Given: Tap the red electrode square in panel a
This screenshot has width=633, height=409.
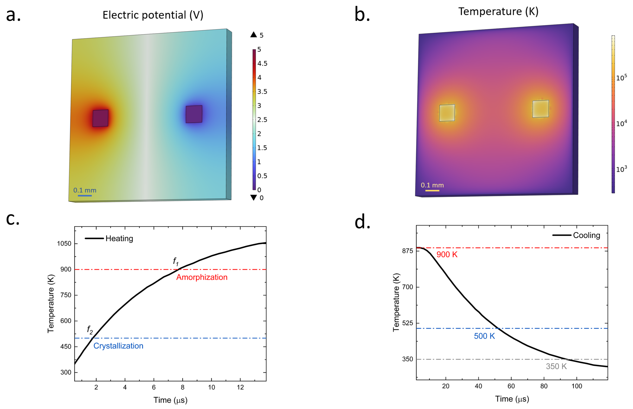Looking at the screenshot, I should tap(100, 118).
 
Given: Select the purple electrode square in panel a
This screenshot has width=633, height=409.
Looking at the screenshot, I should tap(194, 114).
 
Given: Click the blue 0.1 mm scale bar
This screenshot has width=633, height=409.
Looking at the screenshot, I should tap(85, 196).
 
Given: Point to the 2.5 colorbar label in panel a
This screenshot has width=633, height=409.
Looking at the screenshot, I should tap(262, 120).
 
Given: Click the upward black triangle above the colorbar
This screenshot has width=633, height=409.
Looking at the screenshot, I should tap(254, 35).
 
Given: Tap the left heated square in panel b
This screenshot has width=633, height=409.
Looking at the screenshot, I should tap(447, 113).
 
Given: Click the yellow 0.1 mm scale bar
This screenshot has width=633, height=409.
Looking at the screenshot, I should tap(432, 191).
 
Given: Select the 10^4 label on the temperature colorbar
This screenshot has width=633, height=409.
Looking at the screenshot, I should tap(621, 123).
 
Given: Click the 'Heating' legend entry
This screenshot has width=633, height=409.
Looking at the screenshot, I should tap(119, 239).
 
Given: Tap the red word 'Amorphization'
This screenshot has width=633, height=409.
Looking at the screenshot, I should tap(202, 277).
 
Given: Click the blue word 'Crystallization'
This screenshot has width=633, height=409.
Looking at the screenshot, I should tap(118, 346).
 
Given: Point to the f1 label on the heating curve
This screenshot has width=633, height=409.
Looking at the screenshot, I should tap(176, 261).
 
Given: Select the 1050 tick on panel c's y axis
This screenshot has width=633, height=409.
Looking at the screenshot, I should tap(64, 243).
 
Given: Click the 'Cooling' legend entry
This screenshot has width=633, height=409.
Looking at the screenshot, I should tap(586, 235).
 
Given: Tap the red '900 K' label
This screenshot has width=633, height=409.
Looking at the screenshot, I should tap(447, 254).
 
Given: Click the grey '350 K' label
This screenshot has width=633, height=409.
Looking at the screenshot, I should tap(556, 366).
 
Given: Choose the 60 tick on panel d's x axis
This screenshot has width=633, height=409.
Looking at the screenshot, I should tap(511, 386).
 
